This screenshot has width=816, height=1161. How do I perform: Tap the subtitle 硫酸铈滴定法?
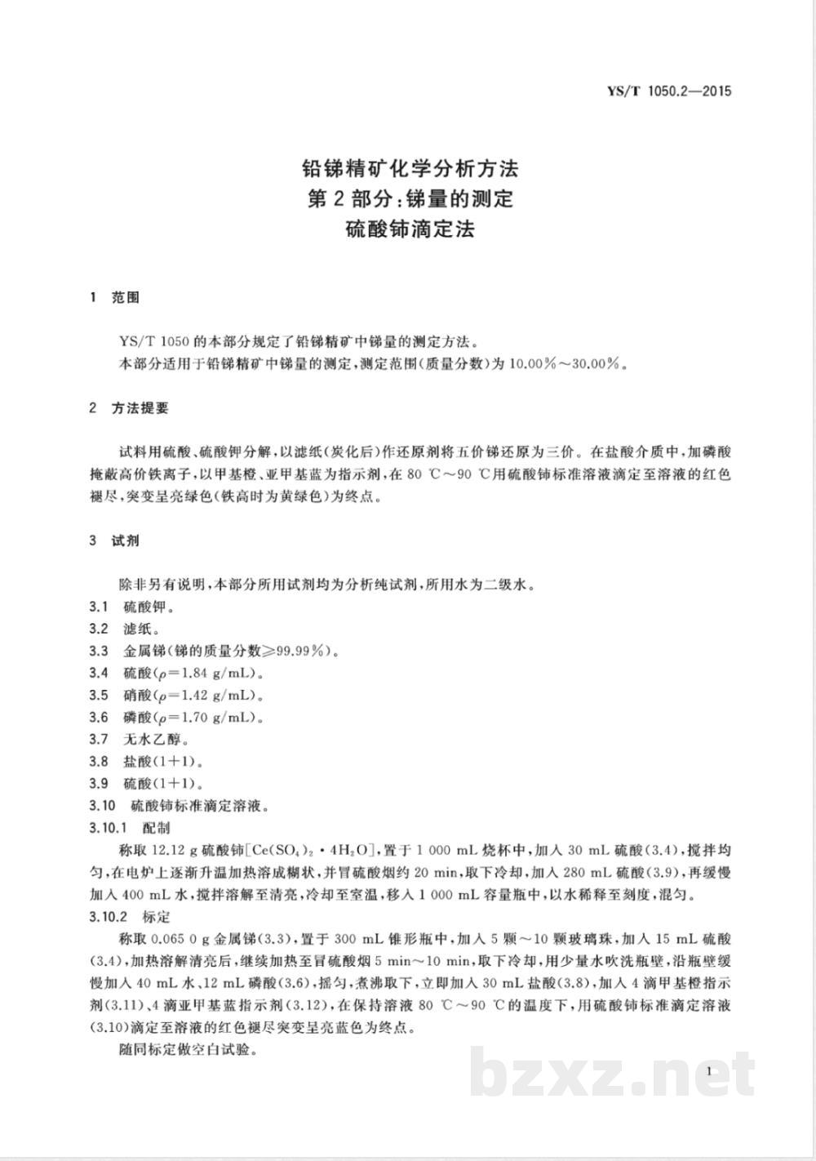click(410, 229)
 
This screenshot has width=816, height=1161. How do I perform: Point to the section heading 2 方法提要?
click(128, 408)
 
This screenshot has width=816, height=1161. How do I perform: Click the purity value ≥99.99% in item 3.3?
click(295, 651)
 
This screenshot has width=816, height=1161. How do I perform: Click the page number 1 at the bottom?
click(712, 1071)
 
